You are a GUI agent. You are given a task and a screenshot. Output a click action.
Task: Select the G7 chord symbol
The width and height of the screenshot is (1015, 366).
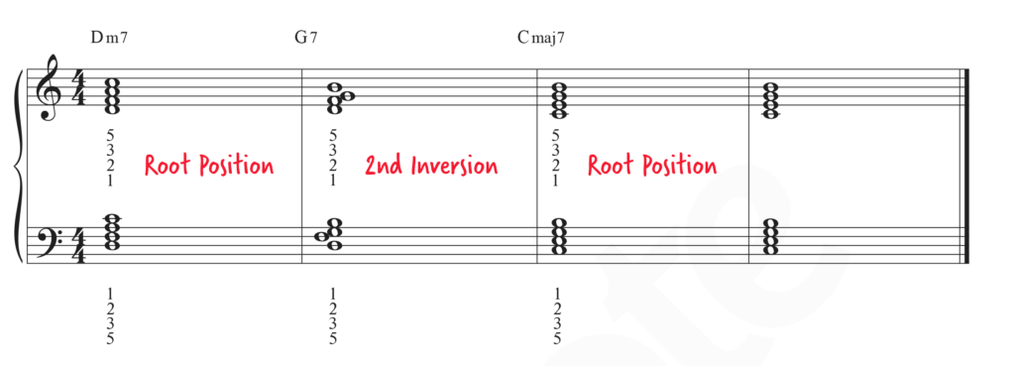click(305, 37)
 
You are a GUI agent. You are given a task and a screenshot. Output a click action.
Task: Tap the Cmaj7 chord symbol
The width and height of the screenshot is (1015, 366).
click(540, 38)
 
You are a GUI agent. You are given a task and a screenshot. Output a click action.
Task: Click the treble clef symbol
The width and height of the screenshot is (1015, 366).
click(50, 86)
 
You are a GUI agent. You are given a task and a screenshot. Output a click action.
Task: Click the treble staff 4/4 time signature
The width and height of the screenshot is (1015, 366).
click(77, 87)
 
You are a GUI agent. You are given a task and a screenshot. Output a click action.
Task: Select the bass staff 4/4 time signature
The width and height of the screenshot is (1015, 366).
click(77, 246)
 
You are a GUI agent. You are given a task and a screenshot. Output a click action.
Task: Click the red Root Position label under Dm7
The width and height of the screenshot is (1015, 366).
click(208, 166)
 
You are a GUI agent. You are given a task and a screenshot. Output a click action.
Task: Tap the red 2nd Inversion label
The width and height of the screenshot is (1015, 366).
click(431, 166)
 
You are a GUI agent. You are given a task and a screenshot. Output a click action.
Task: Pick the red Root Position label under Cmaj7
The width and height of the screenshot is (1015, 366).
click(652, 166)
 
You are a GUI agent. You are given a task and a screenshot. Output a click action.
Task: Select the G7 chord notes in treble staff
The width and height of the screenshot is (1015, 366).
click(339, 98)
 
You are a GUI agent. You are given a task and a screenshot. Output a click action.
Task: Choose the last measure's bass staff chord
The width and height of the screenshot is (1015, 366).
click(769, 237)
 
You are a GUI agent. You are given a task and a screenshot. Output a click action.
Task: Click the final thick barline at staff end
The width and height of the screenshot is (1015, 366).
click(967, 166)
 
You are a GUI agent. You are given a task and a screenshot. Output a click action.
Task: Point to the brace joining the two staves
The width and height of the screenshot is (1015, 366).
click(20, 166)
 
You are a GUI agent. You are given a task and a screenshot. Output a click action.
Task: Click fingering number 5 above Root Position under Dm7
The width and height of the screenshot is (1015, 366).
click(110, 136)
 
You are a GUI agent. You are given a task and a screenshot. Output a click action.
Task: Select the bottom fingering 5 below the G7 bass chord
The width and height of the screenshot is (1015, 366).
click(333, 338)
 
